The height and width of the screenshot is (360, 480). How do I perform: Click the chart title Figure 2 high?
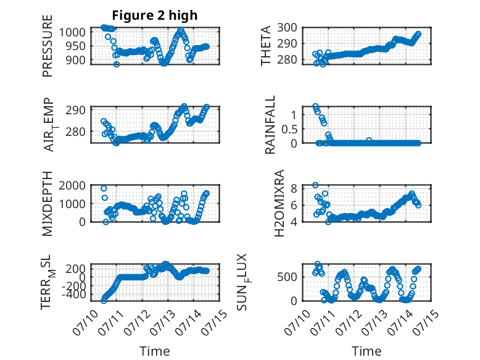pyautogui.click(x=155, y=15)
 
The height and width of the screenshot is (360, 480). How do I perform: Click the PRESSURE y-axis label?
pyautogui.click(x=48, y=46)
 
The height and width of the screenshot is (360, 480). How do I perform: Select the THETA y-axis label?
pyautogui.click(x=266, y=46)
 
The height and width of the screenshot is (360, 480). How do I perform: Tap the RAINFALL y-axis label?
pyautogui.click(x=270, y=125)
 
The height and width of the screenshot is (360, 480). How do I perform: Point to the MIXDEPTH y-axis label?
pyautogui.click(x=48, y=204)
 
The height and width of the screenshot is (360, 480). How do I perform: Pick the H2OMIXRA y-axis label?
pyautogui.click(x=279, y=203)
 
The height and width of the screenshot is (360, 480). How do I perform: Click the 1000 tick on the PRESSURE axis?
pyautogui.click(x=72, y=32)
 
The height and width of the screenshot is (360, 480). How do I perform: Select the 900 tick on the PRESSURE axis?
pyautogui.click(x=76, y=60)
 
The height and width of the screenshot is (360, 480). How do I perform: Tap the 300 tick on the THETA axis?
pyautogui.click(x=287, y=28)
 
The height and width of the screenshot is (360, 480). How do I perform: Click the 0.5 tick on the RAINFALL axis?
pyautogui.click(x=289, y=129)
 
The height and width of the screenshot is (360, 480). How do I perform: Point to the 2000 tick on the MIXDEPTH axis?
pyautogui.click(x=72, y=185)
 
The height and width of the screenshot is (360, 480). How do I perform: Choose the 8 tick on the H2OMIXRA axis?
pyautogui.click(x=294, y=188)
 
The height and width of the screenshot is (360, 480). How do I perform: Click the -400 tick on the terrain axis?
pyautogui.click(x=74, y=295)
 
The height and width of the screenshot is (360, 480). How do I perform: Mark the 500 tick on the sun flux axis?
pyautogui.click(x=287, y=277)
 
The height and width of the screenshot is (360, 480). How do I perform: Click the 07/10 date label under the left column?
pyautogui.click(x=85, y=322)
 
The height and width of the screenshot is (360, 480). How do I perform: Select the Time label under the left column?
pyautogui.click(x=155, y=351)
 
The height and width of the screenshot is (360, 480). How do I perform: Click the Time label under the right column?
pyautogui.click(x=366, y=351)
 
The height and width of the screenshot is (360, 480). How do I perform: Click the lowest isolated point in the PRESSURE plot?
pyautogui.click(x=117, y=64)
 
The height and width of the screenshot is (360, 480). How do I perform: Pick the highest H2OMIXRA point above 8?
pyautogui.click(x=315, y=185)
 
